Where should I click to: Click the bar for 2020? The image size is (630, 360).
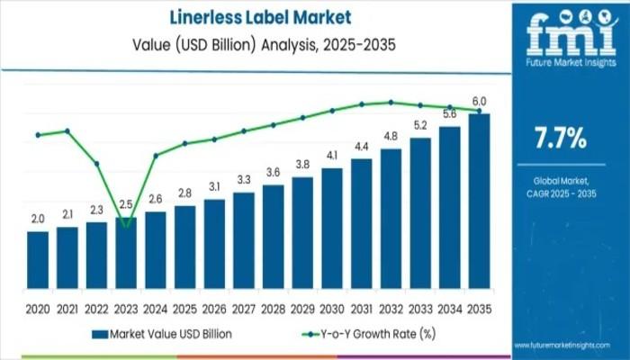pyautogui.click(x=38, y=256)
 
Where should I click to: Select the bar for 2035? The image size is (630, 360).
pyautogui.click(x=480, y=197)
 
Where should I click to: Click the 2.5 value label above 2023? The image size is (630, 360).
pyautogui.click(x=126, y=204)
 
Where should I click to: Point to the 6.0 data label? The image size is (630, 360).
pyautogui.click(x=480, y=101)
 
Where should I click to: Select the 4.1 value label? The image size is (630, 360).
pyautogui.click(x=332, y=156)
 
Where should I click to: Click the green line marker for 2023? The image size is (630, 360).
pyautogui.click(x=126, y=223)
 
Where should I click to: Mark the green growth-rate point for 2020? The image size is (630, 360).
pyautogui.click(x=38, y=135)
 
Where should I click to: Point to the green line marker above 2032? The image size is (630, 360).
pyautogui.click(x=391, y=102)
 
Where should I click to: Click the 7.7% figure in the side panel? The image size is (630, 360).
pyautogui.click(x=560, y=138)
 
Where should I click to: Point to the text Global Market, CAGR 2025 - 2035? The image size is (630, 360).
pyautogui.click(x=560, y=186)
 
